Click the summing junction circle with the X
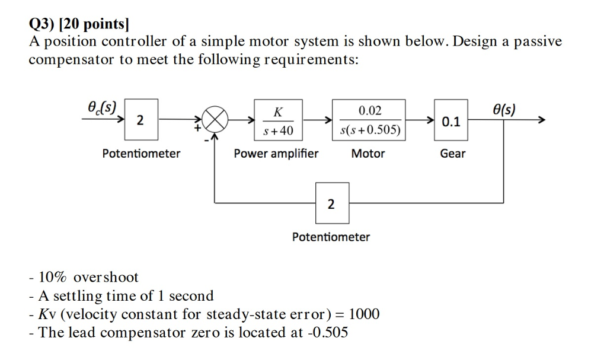pyautogui.click(x=217, y=121)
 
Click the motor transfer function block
pyautogui.click(x=369, y=120)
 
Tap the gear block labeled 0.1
pyautogui.click(x=452, y=122)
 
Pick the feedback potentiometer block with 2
pyautogui.click(x=331, y=204)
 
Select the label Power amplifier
pyautogui.click(x=276, y=154)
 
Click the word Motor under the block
pyautogui.click(x=368, y=154)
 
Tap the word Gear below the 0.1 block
pyautogui.click(x=452, y=154)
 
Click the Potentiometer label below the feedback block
pyautogui.click(x=331, y=237)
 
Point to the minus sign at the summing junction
pyautogui.click(x=206, y=139)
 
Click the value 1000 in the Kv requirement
pyautogui.click(x=364, y=314)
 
